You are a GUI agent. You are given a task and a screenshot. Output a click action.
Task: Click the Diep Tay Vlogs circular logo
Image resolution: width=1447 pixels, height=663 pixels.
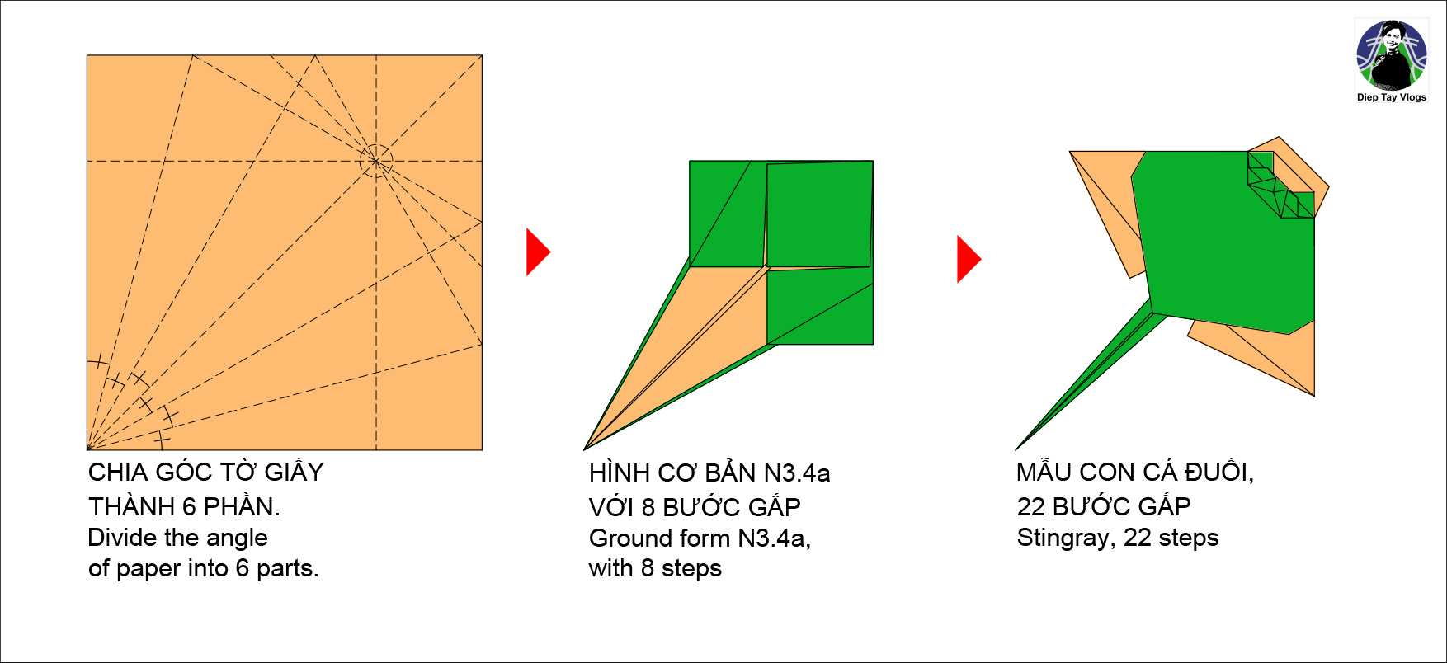(x=1391, y=55)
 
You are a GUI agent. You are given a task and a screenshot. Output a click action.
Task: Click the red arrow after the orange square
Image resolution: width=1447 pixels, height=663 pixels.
(x=536, y=252)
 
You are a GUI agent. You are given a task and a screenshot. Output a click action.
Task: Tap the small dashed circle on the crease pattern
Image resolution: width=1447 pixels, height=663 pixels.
(x=376, y=160)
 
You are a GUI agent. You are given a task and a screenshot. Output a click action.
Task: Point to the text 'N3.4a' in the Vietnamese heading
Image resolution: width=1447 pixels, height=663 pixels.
(x=796, y=473)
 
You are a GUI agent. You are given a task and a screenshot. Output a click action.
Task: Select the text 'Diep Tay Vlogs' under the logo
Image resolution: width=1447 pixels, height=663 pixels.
(x=1391, y=97)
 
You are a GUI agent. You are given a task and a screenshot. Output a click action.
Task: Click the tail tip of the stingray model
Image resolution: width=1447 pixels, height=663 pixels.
(x=1018, y=447)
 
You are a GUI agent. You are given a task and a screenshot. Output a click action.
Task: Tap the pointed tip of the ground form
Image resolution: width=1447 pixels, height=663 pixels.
(x=587, y=448)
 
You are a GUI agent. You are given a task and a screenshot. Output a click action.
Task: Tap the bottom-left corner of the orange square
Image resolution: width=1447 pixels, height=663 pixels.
(x=88, y=449)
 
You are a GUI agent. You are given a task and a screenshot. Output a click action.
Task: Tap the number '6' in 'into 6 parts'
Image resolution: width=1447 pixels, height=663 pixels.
(x=243, y=568)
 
